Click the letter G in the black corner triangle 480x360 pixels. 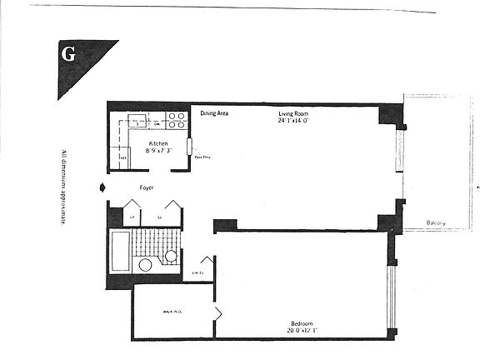(x=69, y=55)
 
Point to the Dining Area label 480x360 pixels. (x=214, y=113)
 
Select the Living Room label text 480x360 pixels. (x=295, y=112)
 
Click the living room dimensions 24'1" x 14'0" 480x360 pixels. (x=295, y=120)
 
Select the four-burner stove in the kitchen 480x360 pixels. (x=176, y=120)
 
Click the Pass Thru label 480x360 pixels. (x=202, y=157)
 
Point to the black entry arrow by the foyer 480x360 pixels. (x=102, y=187)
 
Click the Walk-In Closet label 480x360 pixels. (x=172, y=312)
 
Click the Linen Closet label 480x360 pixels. (x=198, y=272)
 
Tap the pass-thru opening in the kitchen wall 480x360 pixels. (x=190, y=147)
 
